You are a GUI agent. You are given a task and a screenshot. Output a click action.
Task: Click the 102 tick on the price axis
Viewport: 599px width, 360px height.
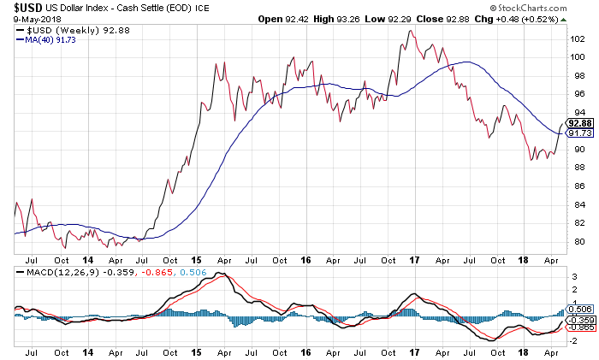(578, 38)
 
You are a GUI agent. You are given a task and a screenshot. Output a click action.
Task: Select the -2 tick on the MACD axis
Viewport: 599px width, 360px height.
(574, 339)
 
